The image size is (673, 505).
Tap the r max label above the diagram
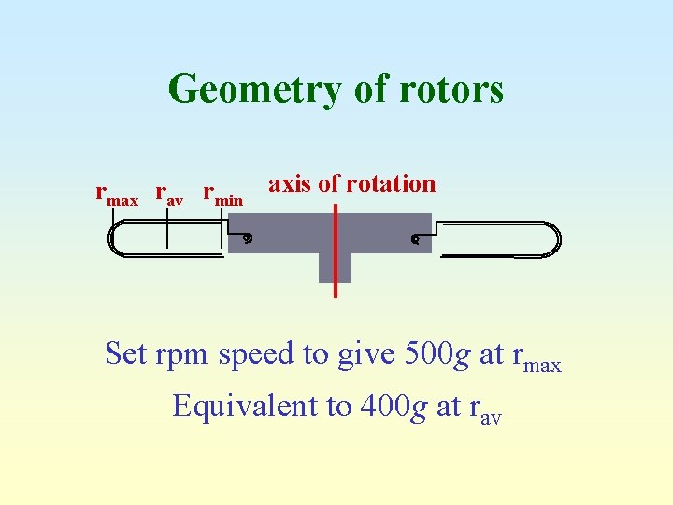[x=117, y=195]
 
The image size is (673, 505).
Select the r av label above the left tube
[x=168, y=195]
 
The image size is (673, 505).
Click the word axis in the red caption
[x=290, y=183]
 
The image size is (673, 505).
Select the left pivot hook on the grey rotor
[x=247, y=238]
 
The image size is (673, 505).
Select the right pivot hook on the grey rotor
[x=414, y=239]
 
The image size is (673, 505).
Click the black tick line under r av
[x=167, y=229]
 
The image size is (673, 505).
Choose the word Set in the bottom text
[x=126, y=354]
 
